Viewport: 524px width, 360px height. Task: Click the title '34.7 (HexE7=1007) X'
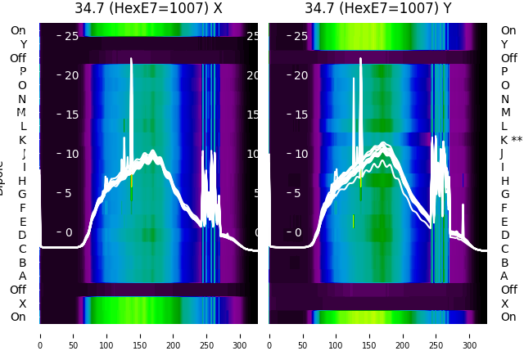pos(148,8)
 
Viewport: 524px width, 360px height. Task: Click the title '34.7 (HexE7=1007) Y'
pos(378,8)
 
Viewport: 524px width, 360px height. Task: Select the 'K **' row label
pos(511,140)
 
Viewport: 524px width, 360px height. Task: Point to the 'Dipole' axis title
pos(2,177)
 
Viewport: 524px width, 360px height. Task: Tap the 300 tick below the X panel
pos(241,335)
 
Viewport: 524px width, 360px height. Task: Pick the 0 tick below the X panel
pos(40,335)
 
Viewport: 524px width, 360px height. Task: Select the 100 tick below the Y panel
pos(337,335)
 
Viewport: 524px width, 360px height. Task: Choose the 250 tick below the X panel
pos(207,335)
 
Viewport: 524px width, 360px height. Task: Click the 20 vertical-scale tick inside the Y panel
pos(300,75)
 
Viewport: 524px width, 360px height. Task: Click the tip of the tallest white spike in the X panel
pos(131,59)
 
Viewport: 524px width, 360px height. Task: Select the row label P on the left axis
pos(22,71)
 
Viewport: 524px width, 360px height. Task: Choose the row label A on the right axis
pos(504,276)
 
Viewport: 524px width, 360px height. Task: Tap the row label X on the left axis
pos(22,304)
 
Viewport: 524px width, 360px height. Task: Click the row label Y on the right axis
pos(504,44)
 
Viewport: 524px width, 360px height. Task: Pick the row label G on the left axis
pos(22,194)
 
